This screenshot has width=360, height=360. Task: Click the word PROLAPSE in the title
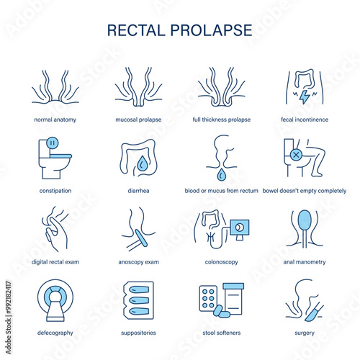point(211,30)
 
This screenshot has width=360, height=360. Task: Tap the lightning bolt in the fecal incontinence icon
point(305,97)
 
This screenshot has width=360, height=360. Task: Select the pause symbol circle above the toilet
point(53,143)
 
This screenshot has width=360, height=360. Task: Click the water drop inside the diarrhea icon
point(143,163)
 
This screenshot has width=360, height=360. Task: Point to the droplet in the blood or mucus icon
point(221,174)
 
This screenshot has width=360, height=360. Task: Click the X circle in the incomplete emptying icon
point(296,155)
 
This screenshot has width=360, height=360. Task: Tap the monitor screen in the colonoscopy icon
point(240,228)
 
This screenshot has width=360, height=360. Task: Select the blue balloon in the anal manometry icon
point(305,220)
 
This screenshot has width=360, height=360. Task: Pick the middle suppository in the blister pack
point(139,300)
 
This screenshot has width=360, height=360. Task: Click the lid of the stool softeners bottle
point(233,286)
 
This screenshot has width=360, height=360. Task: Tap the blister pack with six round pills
point(208,298)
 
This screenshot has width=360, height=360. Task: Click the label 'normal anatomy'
point(55,120)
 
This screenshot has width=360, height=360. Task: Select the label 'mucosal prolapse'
point(138,120)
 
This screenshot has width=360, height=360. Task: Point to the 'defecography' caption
point(55,333)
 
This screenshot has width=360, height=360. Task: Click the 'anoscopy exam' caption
point(138,262)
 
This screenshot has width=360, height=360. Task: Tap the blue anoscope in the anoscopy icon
point(141,238)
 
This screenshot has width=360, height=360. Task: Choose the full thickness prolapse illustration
point(221,87)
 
